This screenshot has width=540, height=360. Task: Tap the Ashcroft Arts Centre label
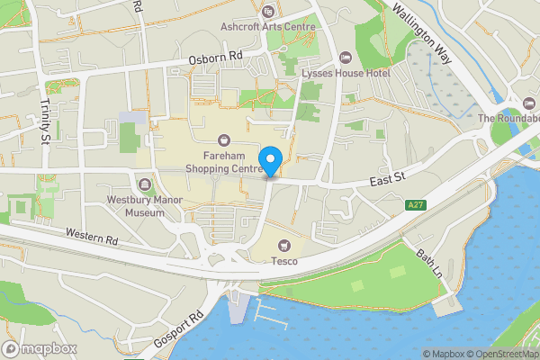tap(268, 27)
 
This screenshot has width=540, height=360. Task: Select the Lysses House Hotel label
tap(346, 72)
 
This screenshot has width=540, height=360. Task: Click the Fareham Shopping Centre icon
tap(223, 139)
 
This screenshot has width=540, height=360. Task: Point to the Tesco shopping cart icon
tap(285, 245)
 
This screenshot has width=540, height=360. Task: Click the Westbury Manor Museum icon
tap(141, 185)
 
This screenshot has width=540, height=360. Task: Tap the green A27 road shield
tap(415, 206)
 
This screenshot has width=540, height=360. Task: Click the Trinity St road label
tap(44, 121)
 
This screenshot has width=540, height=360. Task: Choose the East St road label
tap(389, 182)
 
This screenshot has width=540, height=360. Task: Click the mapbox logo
tap(39, 348)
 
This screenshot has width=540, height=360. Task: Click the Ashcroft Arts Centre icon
tap(268, 12)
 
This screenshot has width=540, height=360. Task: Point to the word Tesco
tap(285, 261)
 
